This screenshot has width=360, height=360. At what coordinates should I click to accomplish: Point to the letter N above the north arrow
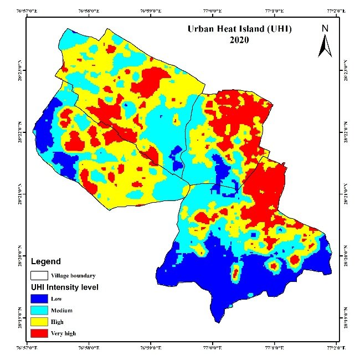[325, 28]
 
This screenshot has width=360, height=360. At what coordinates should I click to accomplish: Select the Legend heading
[45, 261]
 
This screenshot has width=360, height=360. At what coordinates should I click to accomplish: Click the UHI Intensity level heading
[65, 287]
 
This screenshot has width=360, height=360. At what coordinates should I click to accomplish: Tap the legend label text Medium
[62, 311]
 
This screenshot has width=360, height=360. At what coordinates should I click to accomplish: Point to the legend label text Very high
[64, 334]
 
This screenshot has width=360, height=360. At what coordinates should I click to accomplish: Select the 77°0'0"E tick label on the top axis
[212, 11]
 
